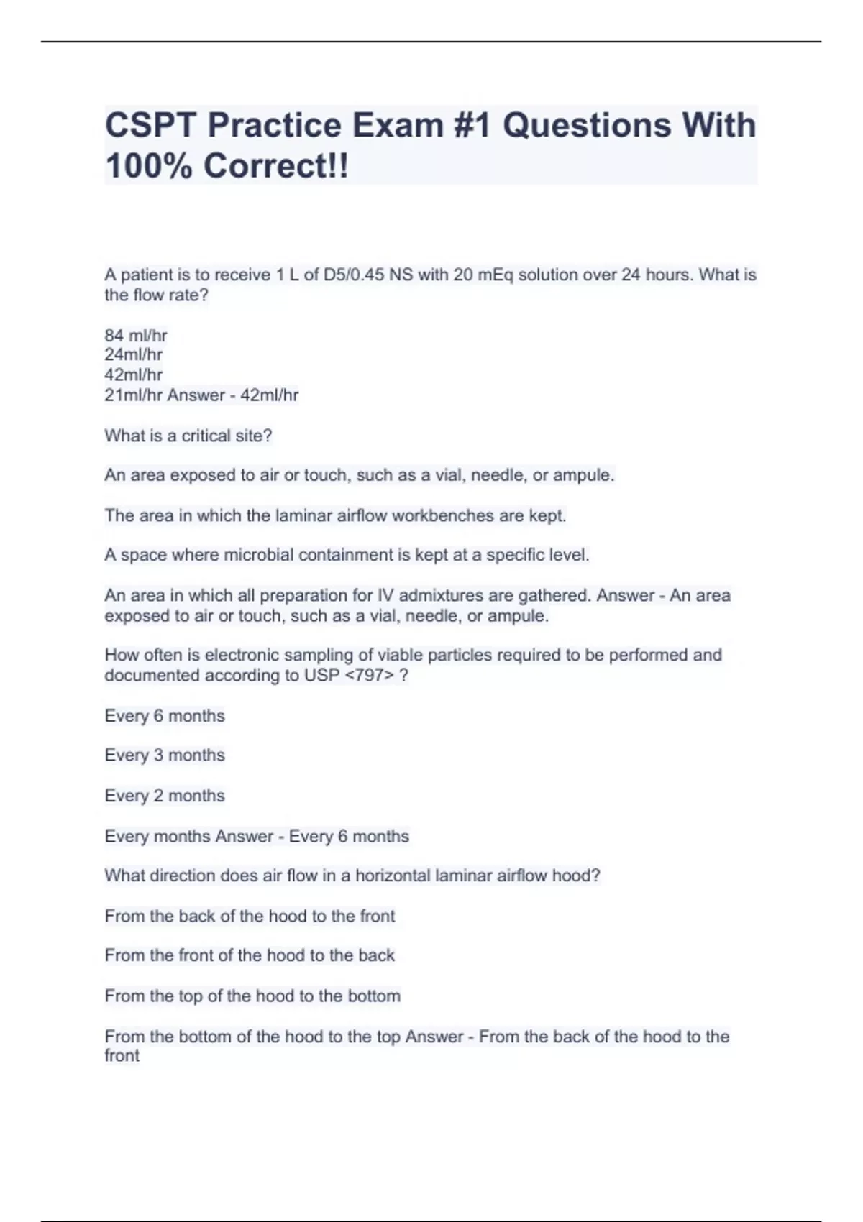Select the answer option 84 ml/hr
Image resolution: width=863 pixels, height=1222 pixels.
(x=136, y=335)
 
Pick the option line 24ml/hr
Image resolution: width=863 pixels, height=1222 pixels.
(x=134, y=354)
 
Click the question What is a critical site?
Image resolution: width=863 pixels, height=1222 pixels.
(x=188, y=436)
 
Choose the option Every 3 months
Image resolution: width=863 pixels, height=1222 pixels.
(x=165, y=755)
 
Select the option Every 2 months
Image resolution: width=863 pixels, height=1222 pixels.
(x=165, y=796)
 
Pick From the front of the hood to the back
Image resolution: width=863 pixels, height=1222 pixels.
(x=250, y=955)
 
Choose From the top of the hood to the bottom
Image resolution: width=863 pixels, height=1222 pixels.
(x=252, y=996)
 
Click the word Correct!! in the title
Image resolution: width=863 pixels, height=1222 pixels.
(x=276, y=166)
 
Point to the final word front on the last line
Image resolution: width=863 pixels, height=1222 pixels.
(x=122, y=1055)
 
